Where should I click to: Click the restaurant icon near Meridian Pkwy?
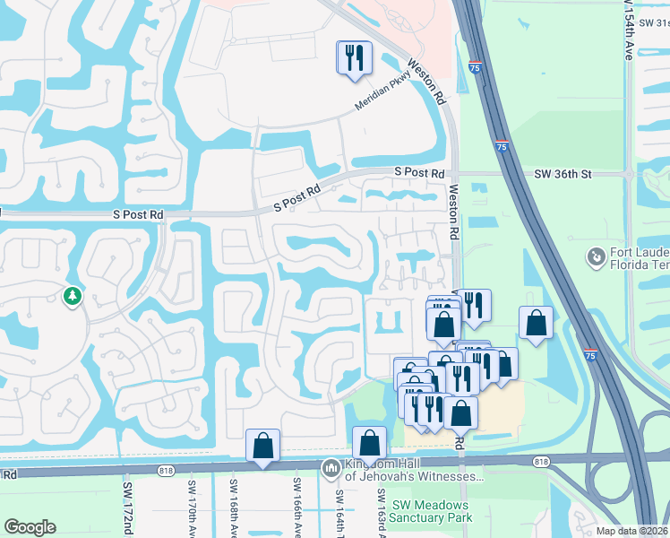coord(353,57)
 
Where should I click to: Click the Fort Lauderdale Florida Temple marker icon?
coord(596,257)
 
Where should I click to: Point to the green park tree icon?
coord(71,295)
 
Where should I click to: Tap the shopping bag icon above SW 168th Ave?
coord(262,445)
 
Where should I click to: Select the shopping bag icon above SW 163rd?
coord(369,442)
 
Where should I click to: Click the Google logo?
coord(30,527)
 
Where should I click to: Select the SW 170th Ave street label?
coord(192,508)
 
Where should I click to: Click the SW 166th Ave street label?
coord(295,508)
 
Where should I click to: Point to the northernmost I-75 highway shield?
coord(474,66)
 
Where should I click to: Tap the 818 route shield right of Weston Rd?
coord(540,461)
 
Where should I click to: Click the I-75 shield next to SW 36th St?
coord(502,146)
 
